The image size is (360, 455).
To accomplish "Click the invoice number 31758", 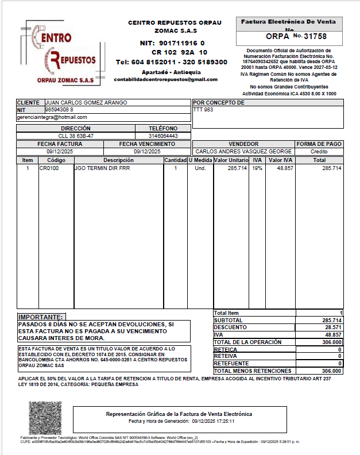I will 315,36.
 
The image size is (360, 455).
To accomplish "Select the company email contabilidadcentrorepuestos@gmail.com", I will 166,79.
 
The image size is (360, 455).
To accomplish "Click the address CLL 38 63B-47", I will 76,136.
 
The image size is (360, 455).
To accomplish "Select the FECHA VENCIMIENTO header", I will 147,144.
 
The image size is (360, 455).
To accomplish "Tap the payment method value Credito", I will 319,151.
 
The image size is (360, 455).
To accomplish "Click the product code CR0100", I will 49,168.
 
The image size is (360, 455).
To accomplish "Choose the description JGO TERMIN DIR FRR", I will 102,168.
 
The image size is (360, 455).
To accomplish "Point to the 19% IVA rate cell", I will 257,168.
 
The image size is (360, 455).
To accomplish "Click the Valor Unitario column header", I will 231,160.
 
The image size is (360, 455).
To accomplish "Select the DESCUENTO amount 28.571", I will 332,327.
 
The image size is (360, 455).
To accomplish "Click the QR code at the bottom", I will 45,418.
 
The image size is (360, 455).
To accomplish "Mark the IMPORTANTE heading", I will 41,317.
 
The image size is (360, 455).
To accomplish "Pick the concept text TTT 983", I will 203,110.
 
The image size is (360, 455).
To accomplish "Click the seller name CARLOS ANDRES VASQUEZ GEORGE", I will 244,151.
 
